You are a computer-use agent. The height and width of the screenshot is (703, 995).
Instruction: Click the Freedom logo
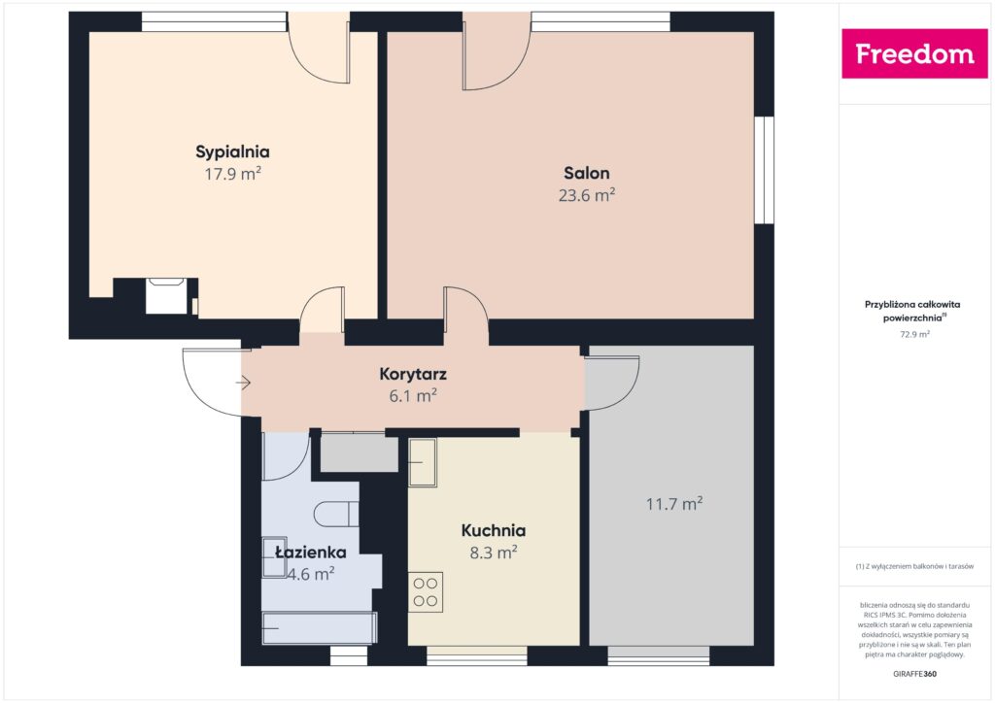(x=913, y=54)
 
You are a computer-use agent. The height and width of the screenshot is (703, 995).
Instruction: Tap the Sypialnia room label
(x=232, y=151)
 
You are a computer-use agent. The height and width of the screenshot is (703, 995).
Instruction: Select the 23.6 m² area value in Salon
(x=587, y=195)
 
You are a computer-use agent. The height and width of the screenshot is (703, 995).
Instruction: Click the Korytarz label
(x=413, y=373)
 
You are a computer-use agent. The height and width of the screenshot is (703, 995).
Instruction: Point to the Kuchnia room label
(x=493, y=530)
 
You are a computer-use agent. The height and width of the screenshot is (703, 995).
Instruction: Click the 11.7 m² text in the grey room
(x=674, y=504)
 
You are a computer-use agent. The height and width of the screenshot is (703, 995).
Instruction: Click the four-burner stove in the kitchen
(x=426, y=591)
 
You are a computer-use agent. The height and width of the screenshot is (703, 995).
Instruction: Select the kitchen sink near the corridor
(x=423, y=462)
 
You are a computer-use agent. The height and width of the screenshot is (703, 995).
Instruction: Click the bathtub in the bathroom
(x=319, y=627)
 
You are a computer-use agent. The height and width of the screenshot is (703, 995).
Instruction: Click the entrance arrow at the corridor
(x=243, y=384)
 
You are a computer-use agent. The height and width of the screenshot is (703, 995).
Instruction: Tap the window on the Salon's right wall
(x=765, y=170)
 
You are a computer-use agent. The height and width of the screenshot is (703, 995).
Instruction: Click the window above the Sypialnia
(x=214, y=21)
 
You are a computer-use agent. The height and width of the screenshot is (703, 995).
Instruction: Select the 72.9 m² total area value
(x=913, y=334)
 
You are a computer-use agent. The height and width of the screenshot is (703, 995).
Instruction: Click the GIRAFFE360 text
(x=913, y=673)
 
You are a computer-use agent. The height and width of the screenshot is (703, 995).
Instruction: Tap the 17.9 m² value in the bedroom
(x=232, y=175)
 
